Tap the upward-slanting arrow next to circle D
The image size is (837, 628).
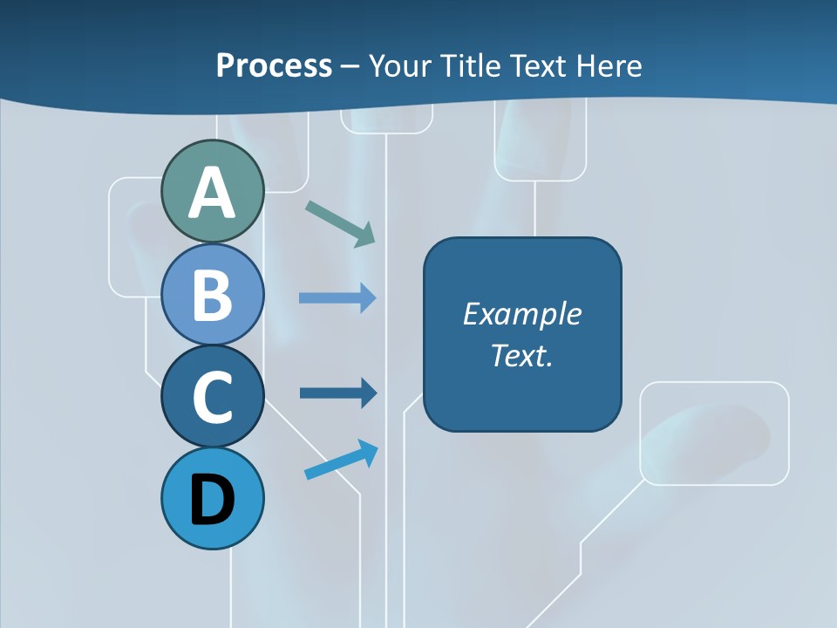pyautogui.click(x=341, y=460)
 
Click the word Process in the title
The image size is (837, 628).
pyautogui.click(x=274, y=65)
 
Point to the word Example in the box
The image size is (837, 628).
pyautogui.click(x=521, y=314)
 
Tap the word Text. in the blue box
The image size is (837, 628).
pyautogui.click(x=521, y=356)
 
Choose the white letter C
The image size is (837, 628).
pyautogui.click(x=212, y=398)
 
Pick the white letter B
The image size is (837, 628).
pyautogui.click(x=212, y=295)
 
